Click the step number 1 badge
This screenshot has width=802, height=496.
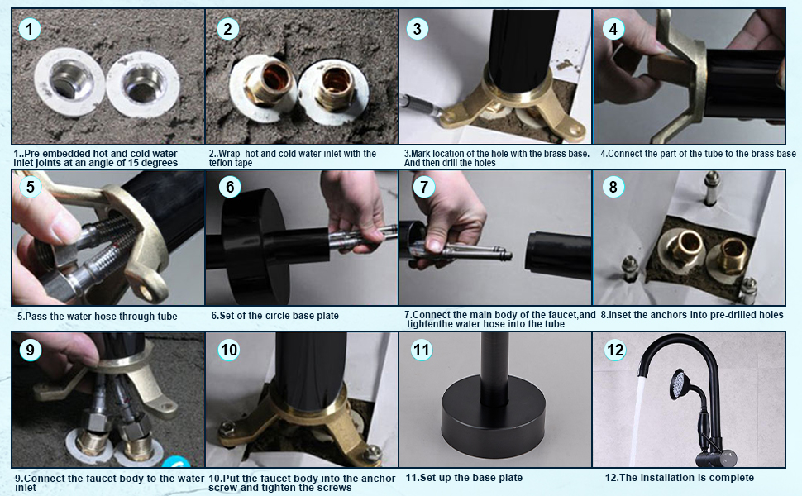click(29, 29)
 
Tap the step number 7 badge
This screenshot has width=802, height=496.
click(423, 187)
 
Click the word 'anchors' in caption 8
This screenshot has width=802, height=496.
click(657, 315)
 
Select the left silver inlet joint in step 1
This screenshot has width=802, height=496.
click(69, 82)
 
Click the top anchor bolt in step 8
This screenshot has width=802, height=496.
click(712, 188)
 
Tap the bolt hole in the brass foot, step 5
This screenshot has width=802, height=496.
click(147, 292)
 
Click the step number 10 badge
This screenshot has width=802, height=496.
click(229, 351)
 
